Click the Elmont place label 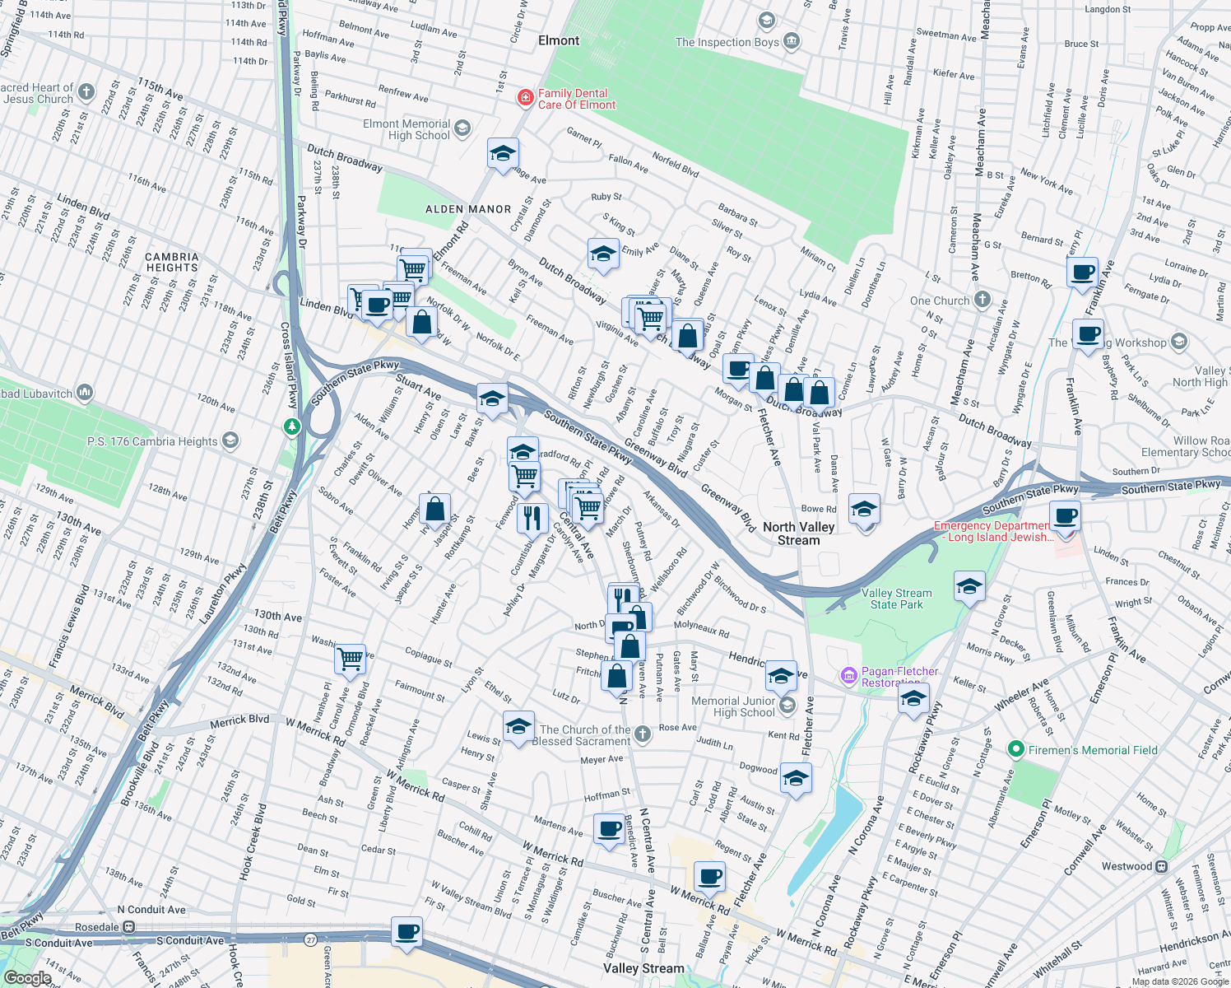[x=559, y=40]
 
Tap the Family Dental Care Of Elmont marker [x=525, y=99]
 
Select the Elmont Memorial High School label [x=407, y=129]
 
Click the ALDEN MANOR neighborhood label [x=468, y=209]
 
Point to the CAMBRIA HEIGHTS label [x=172, y=262]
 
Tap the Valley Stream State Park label [x=896, y=599]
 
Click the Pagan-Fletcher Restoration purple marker [x=848, y=676]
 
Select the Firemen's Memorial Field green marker [x=1015, y=749]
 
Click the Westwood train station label [x=1127, y=866]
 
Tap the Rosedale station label [x=98, y=927]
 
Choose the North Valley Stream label [x=798, y=534]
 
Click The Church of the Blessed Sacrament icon [x=643, y=734]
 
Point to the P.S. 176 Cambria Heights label [x=152, y=441]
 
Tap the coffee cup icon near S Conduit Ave [x=406, y=932]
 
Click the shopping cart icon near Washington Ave [x=351, y=658]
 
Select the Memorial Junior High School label [x=733, y=706]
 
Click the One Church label [x=940, y=301]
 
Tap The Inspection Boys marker [x=792, y=40]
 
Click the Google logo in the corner [x=27, y=977]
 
